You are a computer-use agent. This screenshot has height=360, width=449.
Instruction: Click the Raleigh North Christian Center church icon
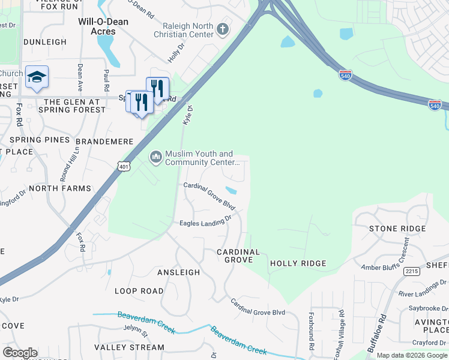[x=223, y=29]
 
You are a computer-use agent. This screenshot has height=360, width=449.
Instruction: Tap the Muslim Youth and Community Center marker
[x=155, y=157]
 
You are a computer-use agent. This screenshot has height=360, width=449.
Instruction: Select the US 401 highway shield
[x=124, y=166]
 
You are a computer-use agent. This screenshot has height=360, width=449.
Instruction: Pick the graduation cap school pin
[x=37, y=77]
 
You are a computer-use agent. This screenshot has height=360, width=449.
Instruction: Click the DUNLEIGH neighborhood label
[x=45, y=42]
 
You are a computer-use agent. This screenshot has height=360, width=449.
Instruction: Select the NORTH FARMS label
[x=60, y=188]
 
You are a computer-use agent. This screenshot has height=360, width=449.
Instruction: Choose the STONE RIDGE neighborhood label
[x=397, y=229]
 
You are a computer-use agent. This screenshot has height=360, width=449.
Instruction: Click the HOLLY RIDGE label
[x=298, y=263]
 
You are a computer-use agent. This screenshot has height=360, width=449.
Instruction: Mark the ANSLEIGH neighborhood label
[x=178, y=272]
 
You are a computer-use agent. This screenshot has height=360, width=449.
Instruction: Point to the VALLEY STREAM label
[x=129, y=347]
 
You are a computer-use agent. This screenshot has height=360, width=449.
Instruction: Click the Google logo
[x=20, y=353]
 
